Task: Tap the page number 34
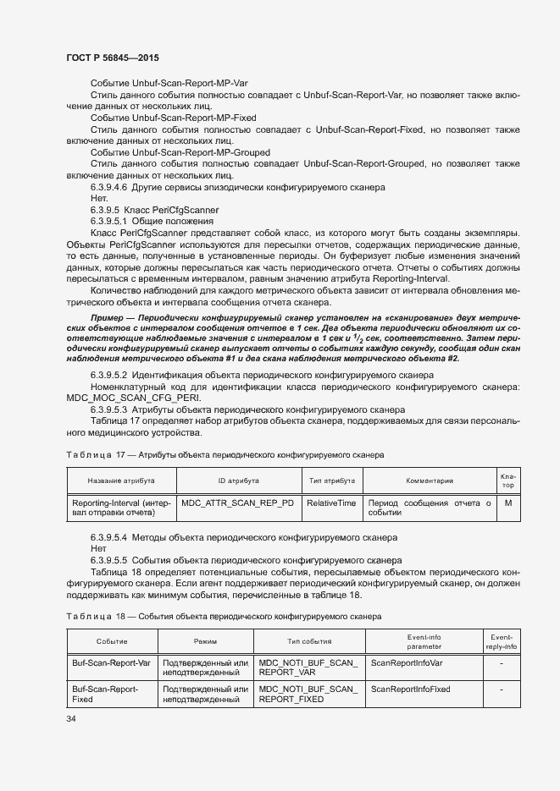click(x=71, y=718)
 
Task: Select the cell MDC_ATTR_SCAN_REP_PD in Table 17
click(x=238, y=503)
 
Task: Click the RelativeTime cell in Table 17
click(x=331, y=503)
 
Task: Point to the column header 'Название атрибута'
click(x=121, y=481)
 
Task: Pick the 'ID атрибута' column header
click(x=238, y=481)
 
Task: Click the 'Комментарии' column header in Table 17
click(x=429, y=481)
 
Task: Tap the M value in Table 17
click(x=507, y=503)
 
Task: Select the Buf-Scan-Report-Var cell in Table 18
click(x=111, y=662)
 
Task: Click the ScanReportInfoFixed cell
click(x=411, y=689)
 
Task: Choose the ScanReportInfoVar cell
click(x=407, y=662)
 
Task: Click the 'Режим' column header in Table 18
click(x=205, y=642)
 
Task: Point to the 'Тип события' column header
click(x=308, y=642)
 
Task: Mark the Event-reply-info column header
click(x=502, y=641)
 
